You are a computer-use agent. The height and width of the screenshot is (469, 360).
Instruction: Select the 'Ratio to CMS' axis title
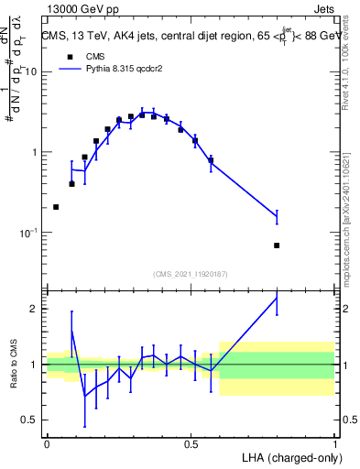click(x=13, y=364)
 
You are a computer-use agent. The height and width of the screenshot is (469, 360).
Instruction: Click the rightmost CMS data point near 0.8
click(x=277, y=245)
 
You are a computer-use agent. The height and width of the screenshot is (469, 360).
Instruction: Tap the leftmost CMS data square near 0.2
click(x=57, y=207)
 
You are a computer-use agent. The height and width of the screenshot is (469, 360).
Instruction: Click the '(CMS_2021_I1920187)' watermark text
click(x=191, y=273)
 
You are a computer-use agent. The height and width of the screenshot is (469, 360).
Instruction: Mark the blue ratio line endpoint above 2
click(x=277, y=298)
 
